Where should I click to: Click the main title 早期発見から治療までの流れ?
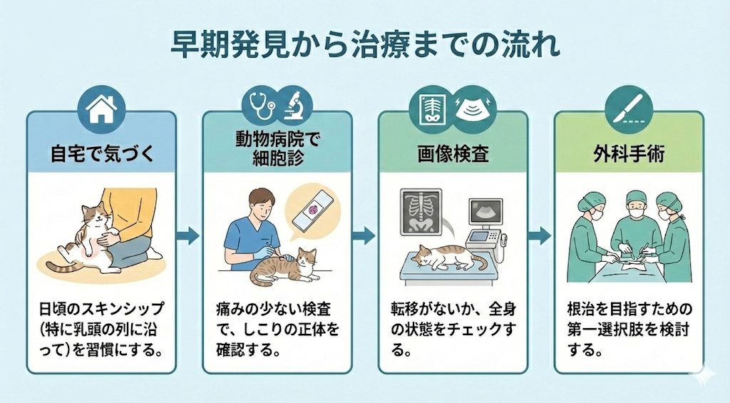(364, 44)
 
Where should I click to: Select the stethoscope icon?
(257, 105)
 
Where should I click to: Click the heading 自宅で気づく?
(101, 153)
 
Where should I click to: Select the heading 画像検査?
(453, 153)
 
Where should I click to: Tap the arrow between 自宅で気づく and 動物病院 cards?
(188, 235)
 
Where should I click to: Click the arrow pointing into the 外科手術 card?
(540, 235)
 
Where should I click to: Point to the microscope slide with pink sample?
(311, 213)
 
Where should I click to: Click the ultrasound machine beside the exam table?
(487, 225)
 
